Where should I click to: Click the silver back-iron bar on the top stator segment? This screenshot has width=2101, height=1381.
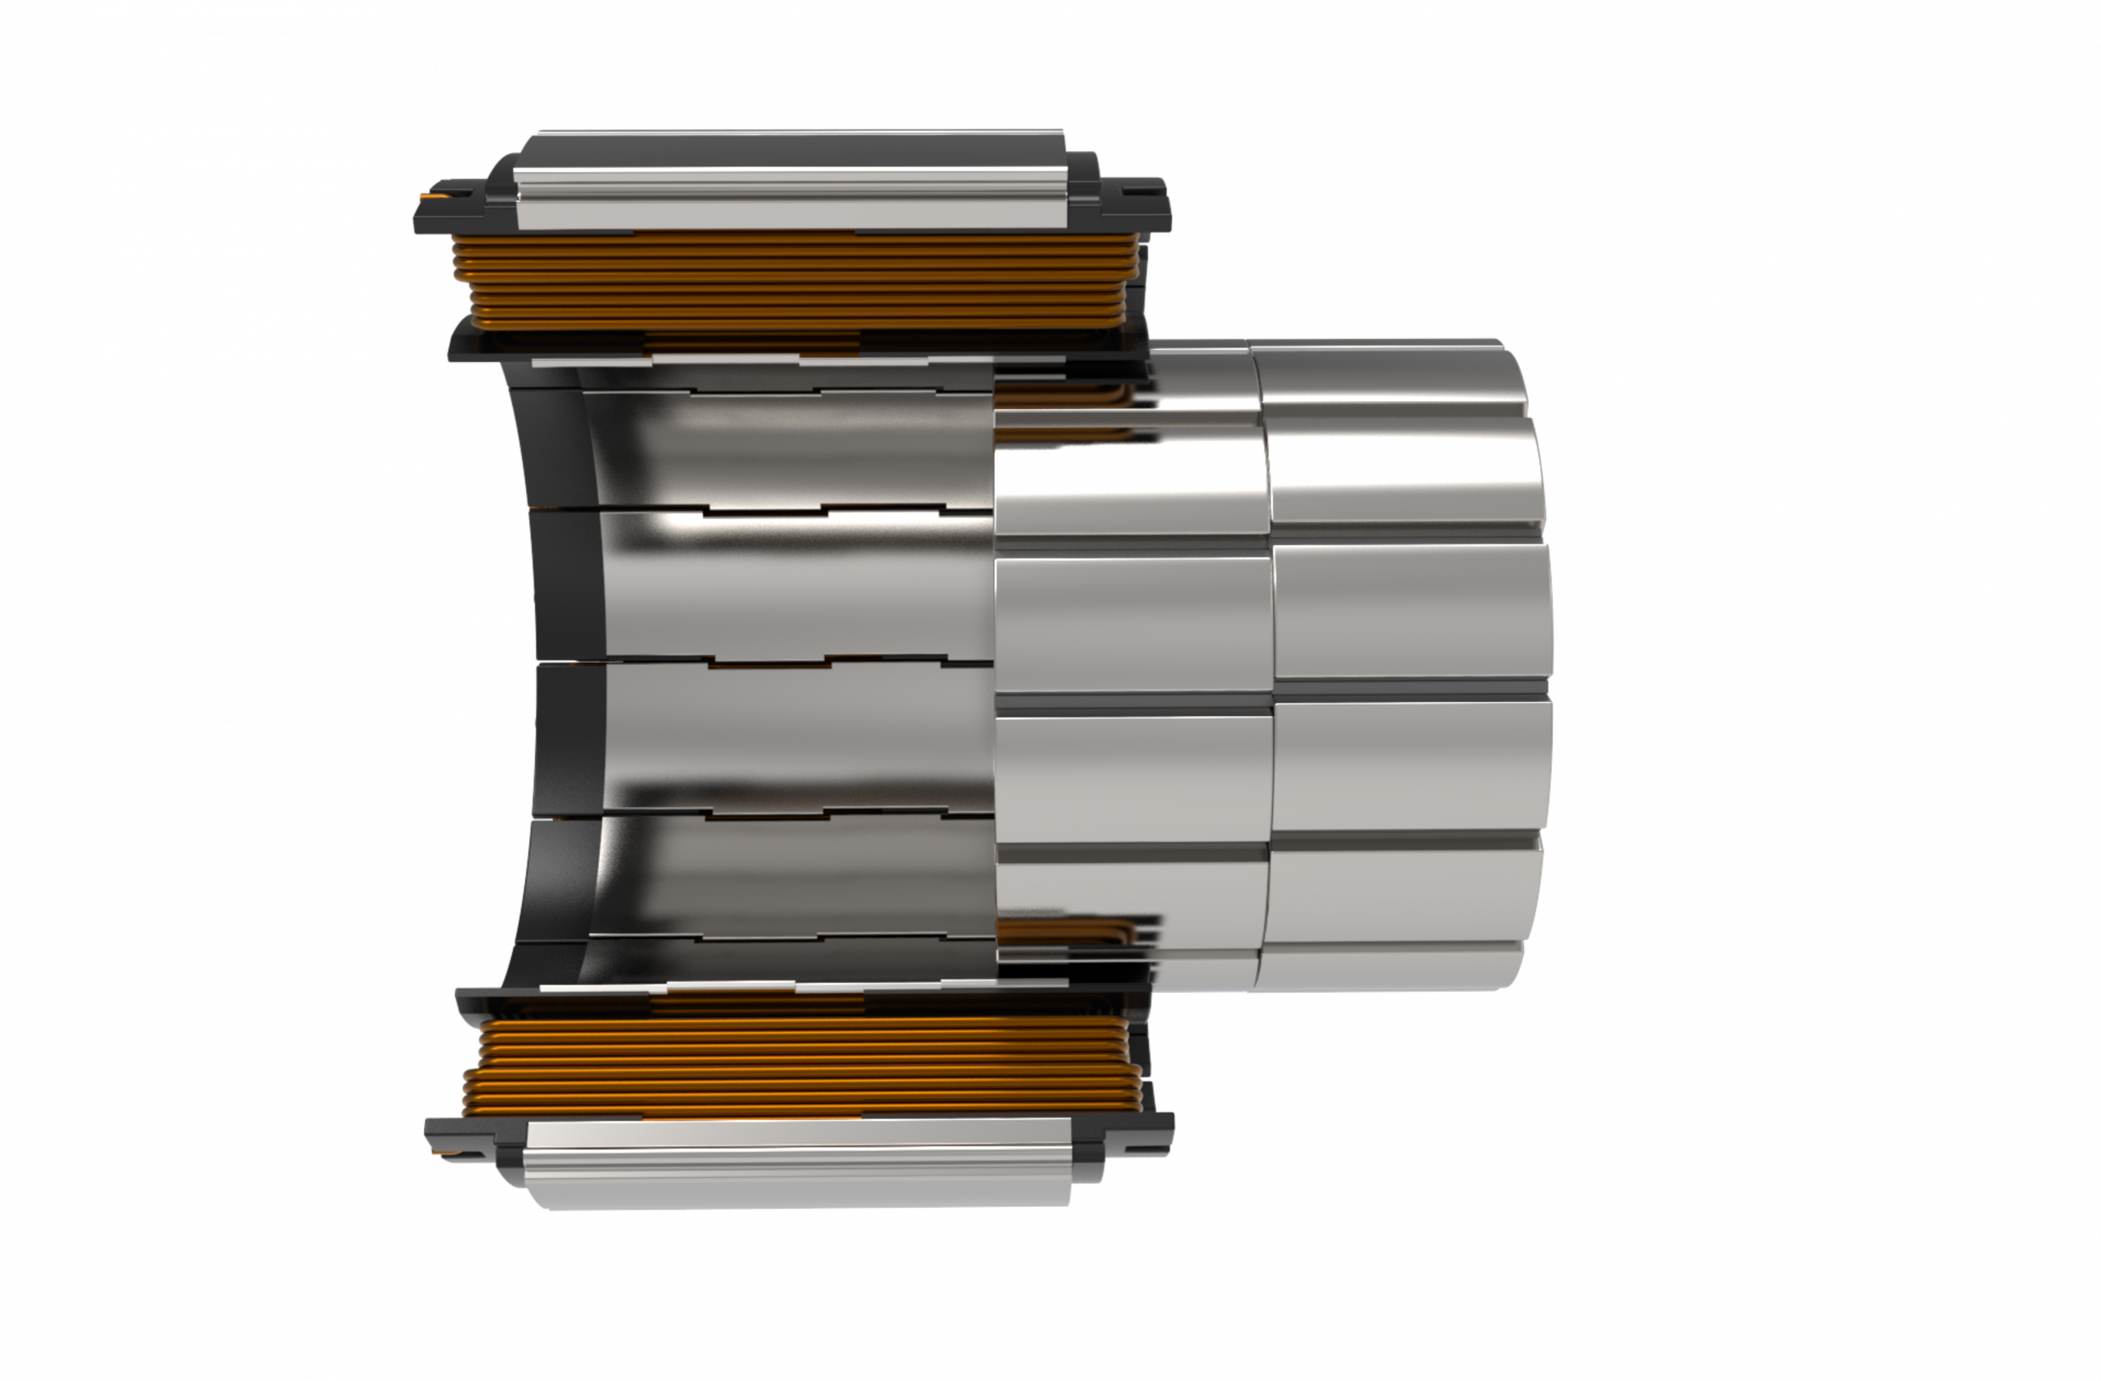(x=794, y=181)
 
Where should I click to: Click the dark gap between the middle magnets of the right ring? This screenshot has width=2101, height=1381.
(x=1412, y=690)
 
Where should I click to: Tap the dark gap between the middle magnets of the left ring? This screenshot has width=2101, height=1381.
(x=1134, y=703)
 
